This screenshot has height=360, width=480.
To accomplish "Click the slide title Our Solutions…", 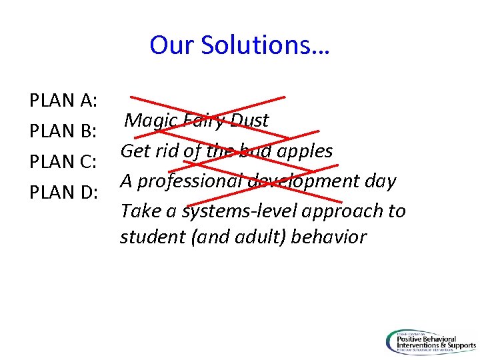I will tap(240, 45).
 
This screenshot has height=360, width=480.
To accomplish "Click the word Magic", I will tap(151, 121).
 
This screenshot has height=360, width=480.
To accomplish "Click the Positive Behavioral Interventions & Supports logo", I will tap(430, 342).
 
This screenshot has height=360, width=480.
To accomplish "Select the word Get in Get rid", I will tap(135, 151).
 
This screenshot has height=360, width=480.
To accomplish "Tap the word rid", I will tap(167, 151).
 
